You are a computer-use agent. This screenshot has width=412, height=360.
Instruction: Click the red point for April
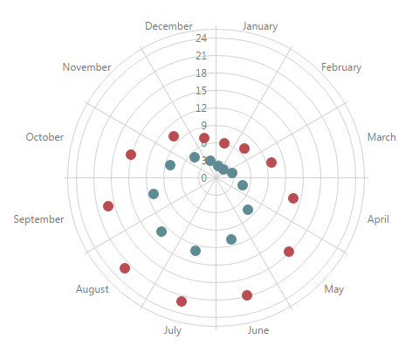(293, 198)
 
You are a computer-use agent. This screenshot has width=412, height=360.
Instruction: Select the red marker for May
(289, 252)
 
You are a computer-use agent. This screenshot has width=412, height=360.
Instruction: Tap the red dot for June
(247, 295)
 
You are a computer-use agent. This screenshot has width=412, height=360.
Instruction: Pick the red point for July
(182, 301)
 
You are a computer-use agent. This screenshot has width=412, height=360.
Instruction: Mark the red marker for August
(125, 268)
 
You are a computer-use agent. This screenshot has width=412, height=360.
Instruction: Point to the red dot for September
(108, 206)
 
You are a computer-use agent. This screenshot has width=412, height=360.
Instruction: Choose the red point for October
(131, 155)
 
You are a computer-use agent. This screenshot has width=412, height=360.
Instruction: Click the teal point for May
(248, 210)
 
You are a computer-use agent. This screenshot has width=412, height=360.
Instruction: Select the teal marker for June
(231, 239)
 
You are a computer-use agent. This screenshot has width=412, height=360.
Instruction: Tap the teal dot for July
(196, 251)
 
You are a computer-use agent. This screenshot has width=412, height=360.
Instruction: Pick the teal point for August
(161, 232)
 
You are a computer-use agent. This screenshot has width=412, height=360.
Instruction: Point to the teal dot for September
(154, 194)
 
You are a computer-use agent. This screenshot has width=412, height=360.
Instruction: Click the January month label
(260, 26)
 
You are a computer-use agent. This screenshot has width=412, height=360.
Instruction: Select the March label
(381, 137)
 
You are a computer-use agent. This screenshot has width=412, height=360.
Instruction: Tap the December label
(168, 26)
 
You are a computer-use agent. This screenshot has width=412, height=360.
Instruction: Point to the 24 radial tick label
(201, 38)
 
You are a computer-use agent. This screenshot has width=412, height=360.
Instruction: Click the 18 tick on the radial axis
(201, 73)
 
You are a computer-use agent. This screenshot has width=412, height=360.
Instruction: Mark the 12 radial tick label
(201, 108)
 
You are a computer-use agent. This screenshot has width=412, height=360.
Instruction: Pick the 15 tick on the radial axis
(201, 91)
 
